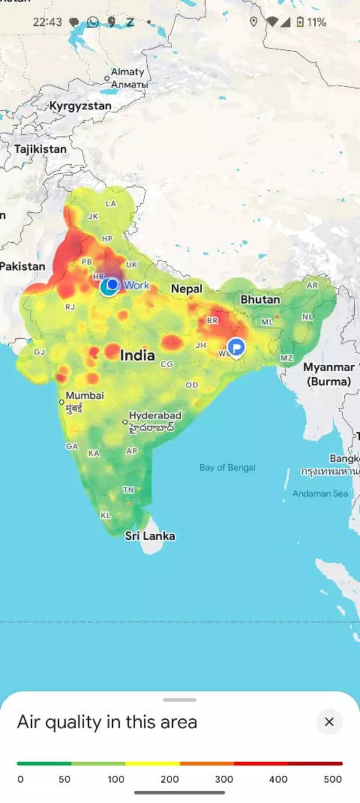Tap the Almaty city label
[x=128, y=72]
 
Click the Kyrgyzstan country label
[x=80, y=106]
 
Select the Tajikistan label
[x=40, y=149]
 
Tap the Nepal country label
[x=187, y=288]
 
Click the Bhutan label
[x=260, y=299]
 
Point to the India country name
[x=137, y=355]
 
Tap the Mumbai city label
[x=85, y=396]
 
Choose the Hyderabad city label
[x=155, y=416]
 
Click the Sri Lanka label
[x=150, y=536]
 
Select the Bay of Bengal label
[x=227, y=468]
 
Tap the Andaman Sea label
[x=320, y=494]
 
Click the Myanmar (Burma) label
[x=328, y=374]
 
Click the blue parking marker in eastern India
[x=236, y=347]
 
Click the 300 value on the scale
[x=224, y=780]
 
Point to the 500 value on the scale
[x=332, y=780]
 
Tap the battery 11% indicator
[x=311, y=22]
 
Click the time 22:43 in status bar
[x=47, y=22]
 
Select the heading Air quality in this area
[x=107, y=722]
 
